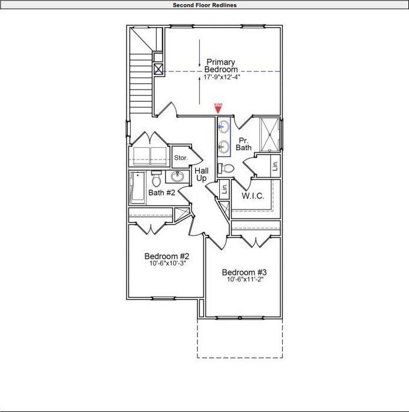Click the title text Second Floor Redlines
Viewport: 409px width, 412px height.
click(204, 5)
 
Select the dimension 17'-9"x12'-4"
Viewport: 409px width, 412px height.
click(221, 77)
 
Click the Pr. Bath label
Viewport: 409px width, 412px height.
click(244, 144)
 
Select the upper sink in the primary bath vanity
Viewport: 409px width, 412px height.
click(225, 127)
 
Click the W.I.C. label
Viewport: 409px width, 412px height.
click(253, 195)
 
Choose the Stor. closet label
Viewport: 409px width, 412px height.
click(180, 158)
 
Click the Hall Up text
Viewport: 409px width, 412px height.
click(202, 174)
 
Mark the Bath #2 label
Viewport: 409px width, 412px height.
click(161, 193)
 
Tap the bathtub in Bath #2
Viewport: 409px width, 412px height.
click(137, 188)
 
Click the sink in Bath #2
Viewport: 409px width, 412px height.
click(177, 177)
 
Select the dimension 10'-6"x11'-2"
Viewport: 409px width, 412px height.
click(245, 280)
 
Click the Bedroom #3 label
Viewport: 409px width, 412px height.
click(245, 272)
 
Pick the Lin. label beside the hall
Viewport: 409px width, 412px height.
click(224, 190)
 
